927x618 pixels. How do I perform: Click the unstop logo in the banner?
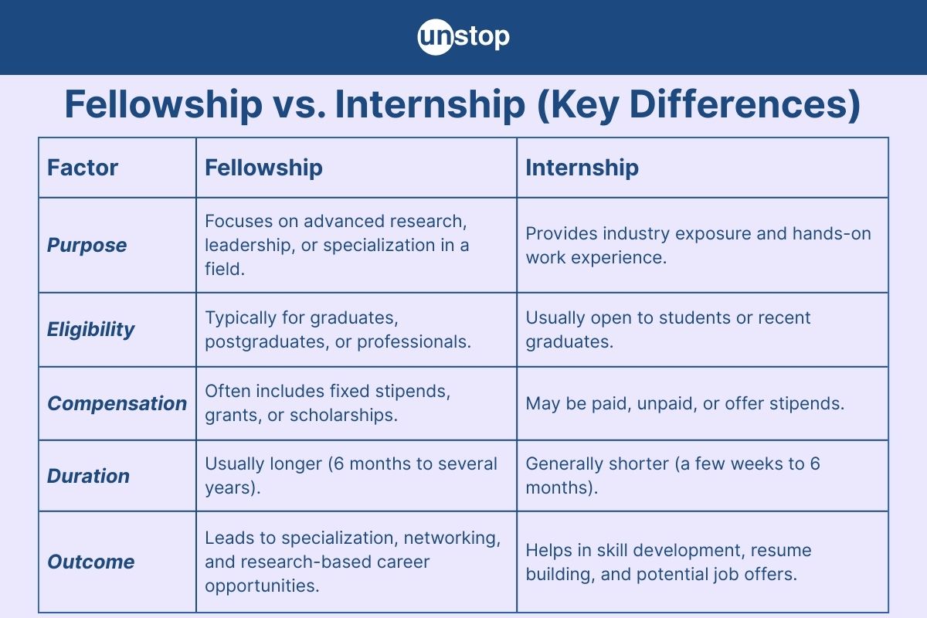click(x=463, y=37)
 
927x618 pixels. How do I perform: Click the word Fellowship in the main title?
click(x=163, y=105)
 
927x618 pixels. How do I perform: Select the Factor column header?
click(x=83, y=168)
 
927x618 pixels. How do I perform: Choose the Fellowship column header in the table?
click(x=263, y=168)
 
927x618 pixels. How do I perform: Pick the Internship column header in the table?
click(x=582, y=168)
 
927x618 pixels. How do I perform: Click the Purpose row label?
click(x=87, y=245)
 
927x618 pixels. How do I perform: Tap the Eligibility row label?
click(x=91, y=329)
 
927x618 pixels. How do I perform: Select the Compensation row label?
click(x=117, y=403)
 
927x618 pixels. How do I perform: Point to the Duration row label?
click(x=89, y=476)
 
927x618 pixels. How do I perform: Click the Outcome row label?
click(x=91, y=562)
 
